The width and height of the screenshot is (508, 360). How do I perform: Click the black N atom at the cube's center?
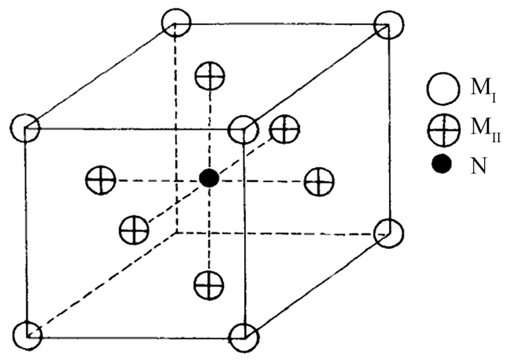click(x=209, y=177)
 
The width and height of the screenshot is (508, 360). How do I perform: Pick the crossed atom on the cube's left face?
click(x=101, y=179)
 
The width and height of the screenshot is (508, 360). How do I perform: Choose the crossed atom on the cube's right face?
click(x=319, y=180)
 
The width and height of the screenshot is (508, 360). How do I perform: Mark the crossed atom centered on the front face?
click(x=134, y=230)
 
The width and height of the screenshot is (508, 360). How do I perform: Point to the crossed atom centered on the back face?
click(x=285, y=129)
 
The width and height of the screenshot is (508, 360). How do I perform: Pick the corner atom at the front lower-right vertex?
click(x=243, y=336)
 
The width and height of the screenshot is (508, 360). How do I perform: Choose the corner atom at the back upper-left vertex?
click(x=176, y=24)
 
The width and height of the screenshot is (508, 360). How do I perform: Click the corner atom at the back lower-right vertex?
click(x=388, y=232)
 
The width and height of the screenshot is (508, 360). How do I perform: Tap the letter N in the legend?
click(x=478, y=165)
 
